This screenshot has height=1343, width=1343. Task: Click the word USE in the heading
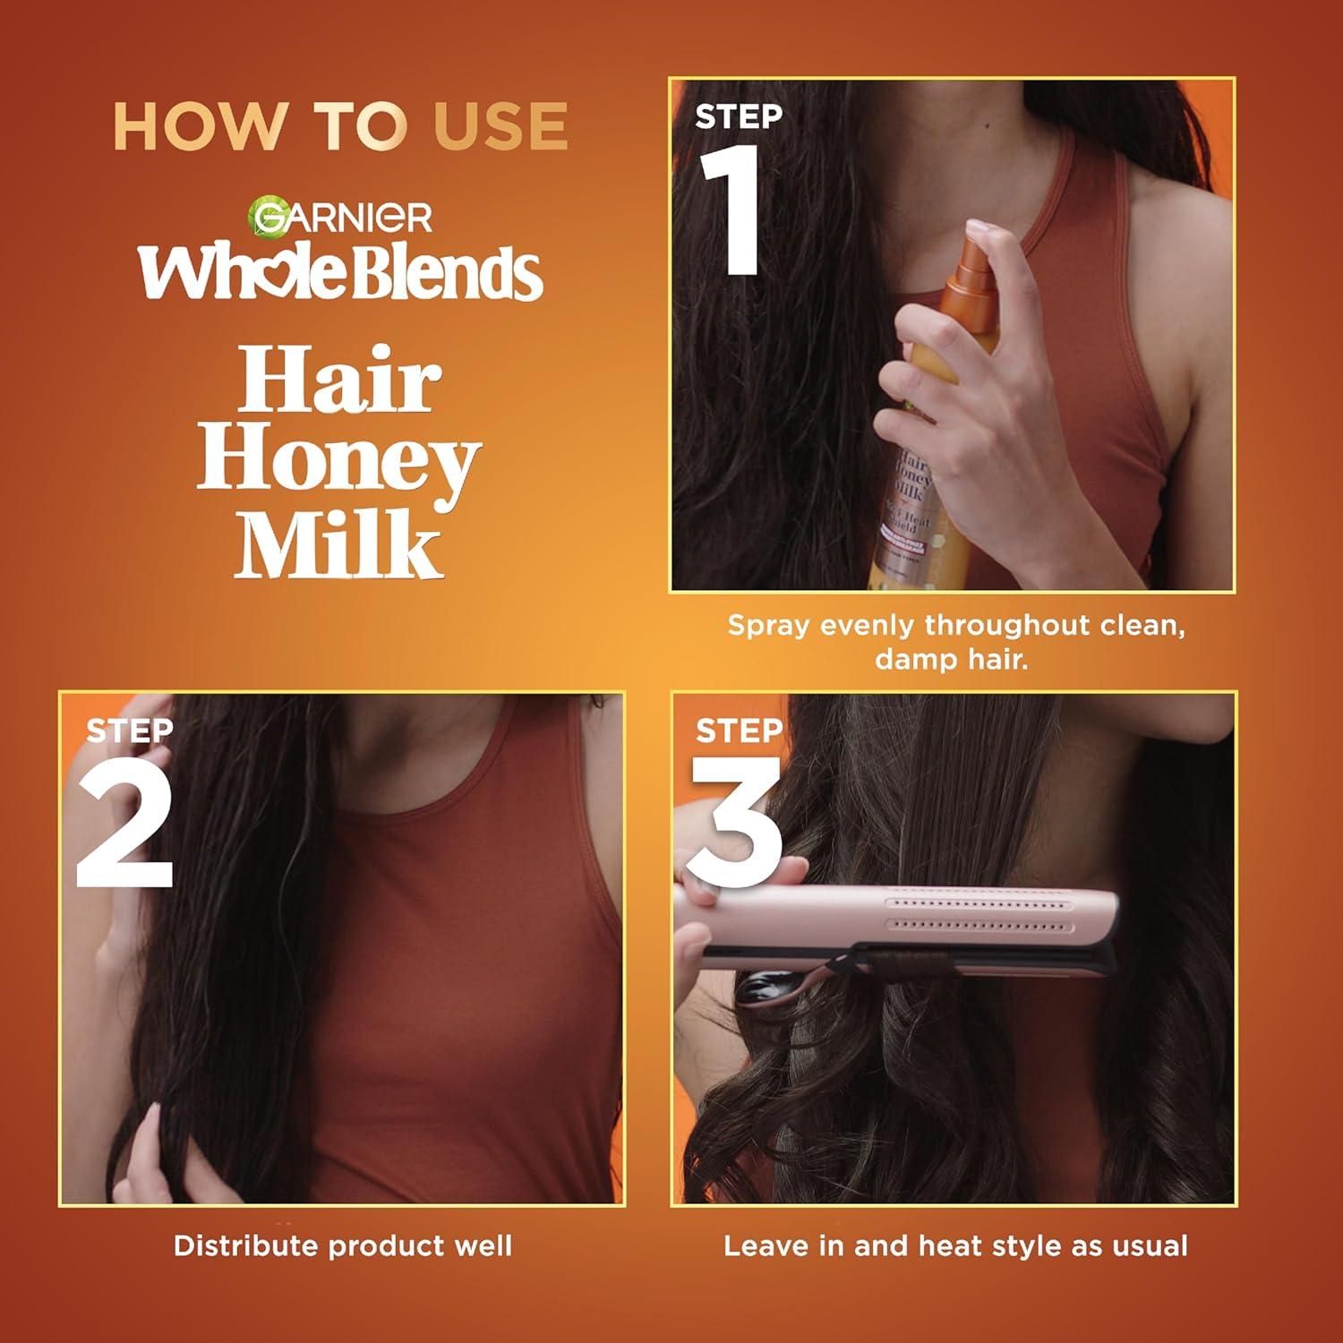click(500, 126)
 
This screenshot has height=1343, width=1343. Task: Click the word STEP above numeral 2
click(130, 731)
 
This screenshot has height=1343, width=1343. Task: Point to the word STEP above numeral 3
click(739, 731)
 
